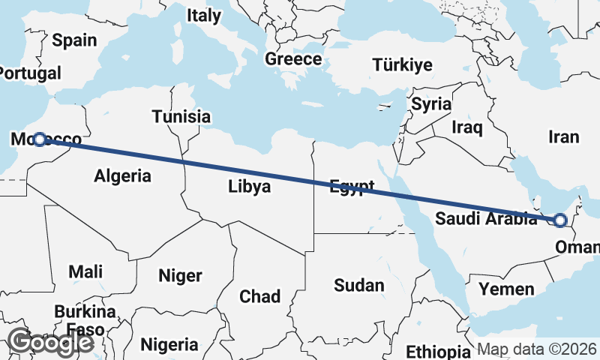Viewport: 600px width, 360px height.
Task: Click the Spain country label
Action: [x=75, y=40]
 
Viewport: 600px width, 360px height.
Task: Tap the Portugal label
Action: [x=30, y=73]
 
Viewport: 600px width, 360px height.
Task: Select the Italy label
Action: [x=204, y=15]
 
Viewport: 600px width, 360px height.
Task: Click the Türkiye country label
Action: [x=403, y=65]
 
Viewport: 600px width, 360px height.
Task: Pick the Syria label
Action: [x=431, y=103]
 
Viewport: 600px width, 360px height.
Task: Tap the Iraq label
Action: [x=466, y=127]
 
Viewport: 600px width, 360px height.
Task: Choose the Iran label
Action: [x=564, y=136]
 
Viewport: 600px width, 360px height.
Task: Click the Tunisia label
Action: [x=181, y=117]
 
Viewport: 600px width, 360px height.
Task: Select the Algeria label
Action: [x=123, y=176]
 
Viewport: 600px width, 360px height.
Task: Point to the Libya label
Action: [x=250, y=187]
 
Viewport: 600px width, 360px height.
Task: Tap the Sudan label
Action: [x=358, y=285]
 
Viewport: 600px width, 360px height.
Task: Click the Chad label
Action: [x=259, y=296]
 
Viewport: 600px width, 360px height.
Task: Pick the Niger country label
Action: [x=180, y=276]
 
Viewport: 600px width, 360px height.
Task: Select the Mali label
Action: [x=85, y=271]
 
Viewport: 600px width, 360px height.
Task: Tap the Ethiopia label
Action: [x=438, y=352]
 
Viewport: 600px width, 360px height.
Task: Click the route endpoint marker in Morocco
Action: [x=40, y=139]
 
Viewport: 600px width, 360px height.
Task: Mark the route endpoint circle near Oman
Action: [x=559, y=220]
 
